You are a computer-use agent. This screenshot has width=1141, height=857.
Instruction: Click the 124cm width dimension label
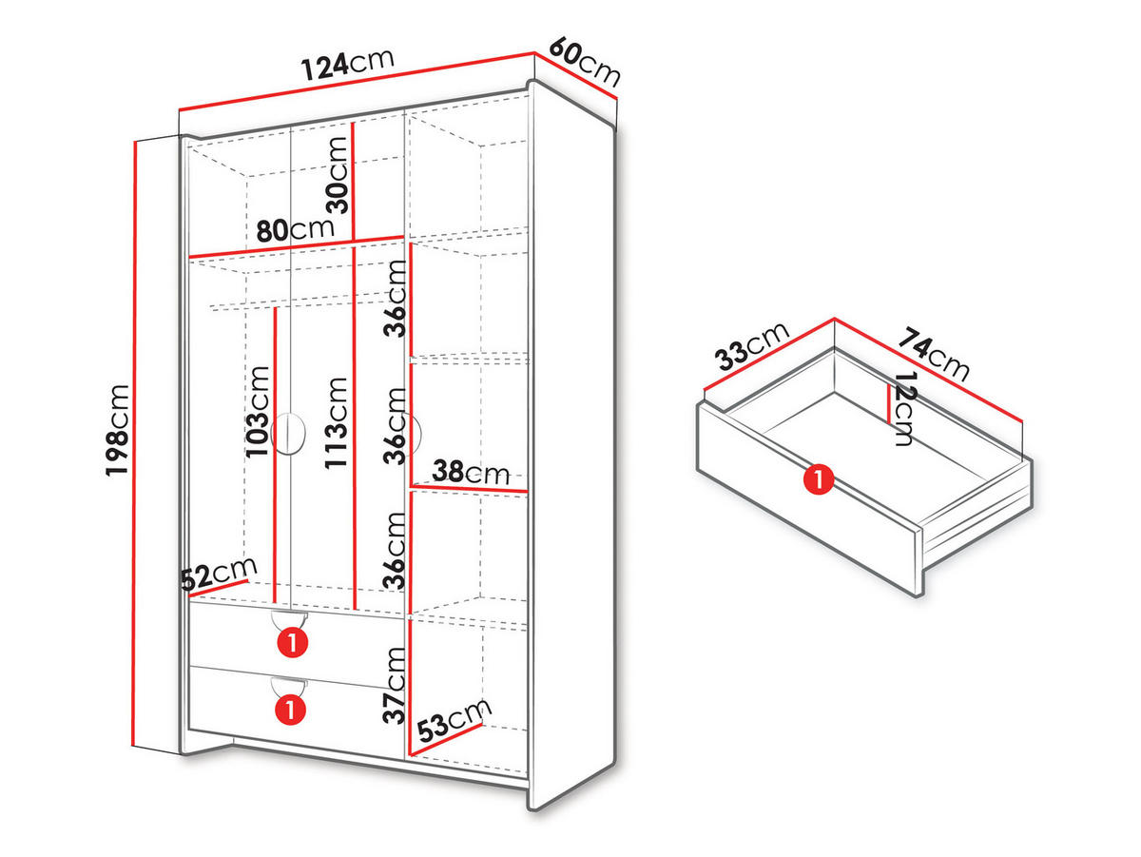coord(347,65)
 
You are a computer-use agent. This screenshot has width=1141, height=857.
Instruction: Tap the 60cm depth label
coord(584,62)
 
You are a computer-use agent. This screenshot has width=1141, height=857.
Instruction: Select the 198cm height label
coord(117,430)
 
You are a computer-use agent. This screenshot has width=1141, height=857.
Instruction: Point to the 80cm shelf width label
coord(295,229)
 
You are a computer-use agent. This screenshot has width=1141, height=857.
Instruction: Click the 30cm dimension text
coord(337,175)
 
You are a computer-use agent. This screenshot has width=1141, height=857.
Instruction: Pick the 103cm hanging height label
coord(258,412)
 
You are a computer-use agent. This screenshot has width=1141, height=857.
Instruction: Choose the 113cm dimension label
coord(336,423)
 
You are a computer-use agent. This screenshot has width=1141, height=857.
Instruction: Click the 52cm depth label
coord(219,575)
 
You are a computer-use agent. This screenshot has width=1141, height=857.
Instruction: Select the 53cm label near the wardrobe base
coord(454,720)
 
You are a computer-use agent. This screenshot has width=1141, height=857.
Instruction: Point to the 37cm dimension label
coord(394,686)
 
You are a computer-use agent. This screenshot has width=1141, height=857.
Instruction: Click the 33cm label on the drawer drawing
coord(752,347)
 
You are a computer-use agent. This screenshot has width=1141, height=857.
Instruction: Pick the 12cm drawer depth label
coord(904,409)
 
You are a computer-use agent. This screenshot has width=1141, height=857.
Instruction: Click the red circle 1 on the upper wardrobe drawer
coord(293,643)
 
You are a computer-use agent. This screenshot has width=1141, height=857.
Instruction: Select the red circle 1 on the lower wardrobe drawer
coord(291,710)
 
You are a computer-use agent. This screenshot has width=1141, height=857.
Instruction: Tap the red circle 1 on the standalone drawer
coord(819,479)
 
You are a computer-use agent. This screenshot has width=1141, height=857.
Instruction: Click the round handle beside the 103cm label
coord(288,434)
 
